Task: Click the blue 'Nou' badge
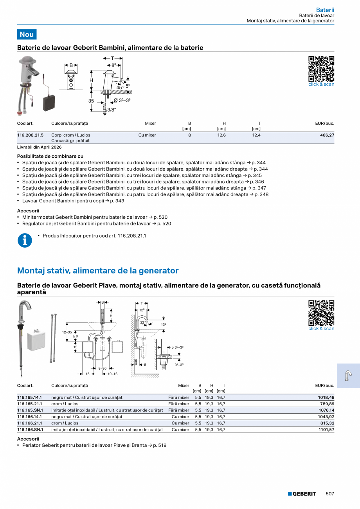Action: pyautogui.click(x=27, y=34)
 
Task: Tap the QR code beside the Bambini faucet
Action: pyautogui.click(x=321, y=68)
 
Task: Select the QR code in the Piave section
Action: pyautogui.click(x=321, y=313)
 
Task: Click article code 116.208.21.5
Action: pyautogui.click(x=30, y=135)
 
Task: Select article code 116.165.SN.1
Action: pyautogui.click(x=30, y=410)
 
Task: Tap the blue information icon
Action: pyautogui.click(x=25, y=240)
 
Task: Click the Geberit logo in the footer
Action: pyautogui.click(x=302, y=494)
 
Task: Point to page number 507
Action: pyautogui.click(x=330, y=494)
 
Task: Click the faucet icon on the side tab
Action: pyautogui.click(x=348, y=376)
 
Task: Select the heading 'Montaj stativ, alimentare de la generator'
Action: pyautogui.click(x=98, y=271)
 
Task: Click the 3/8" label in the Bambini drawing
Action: pyautogui.click(x=112, y=110)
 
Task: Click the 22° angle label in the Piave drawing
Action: pyautogui.click(x=143, y=322)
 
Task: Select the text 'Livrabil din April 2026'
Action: pyautogui.click(x=39, y=147)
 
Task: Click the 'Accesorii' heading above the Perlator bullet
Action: pyautogui.click(x=28, y=439)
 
